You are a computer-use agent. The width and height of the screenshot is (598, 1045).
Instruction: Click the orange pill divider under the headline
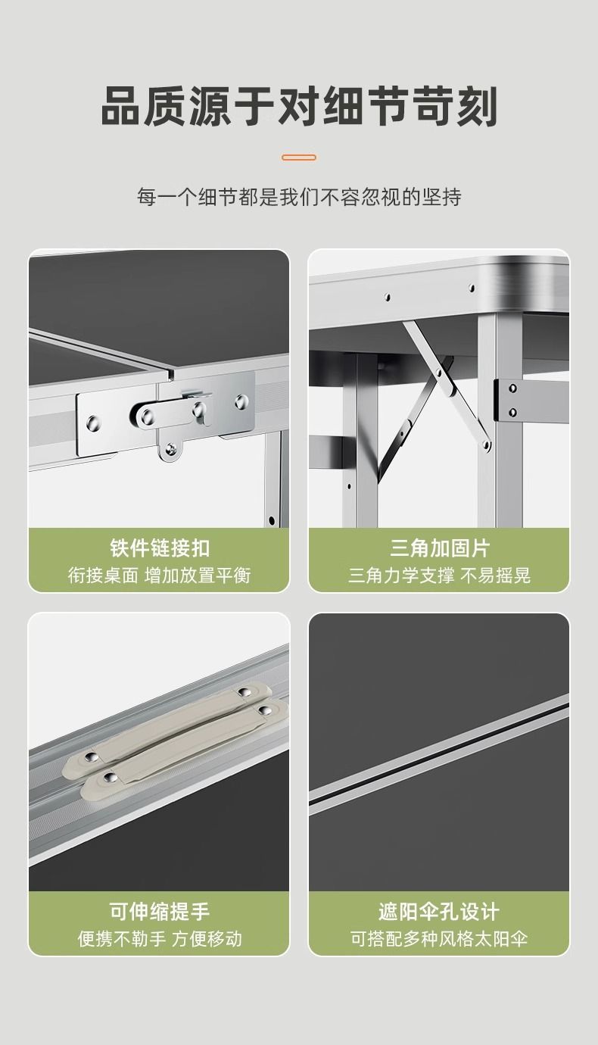299,158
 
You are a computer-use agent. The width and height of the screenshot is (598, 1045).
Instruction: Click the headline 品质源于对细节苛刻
299,106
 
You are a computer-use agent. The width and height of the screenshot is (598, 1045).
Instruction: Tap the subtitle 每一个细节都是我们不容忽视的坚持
299,197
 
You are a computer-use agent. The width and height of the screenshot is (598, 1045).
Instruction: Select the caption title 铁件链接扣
160,548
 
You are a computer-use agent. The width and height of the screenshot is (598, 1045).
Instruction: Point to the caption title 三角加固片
439,548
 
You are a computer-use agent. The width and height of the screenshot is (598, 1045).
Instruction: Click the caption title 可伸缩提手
160,911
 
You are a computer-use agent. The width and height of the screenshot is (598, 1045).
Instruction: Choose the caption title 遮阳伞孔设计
439,911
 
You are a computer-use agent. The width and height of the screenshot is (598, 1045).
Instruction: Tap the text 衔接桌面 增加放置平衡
160,576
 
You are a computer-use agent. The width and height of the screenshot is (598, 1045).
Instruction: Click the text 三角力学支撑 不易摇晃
439,576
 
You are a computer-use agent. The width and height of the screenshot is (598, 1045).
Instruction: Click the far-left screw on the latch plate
93,423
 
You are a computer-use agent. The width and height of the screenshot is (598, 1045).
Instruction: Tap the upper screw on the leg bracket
512,388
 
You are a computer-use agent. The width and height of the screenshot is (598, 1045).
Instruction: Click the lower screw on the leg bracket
512,413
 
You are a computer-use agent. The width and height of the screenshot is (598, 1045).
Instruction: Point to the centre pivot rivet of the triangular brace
439,373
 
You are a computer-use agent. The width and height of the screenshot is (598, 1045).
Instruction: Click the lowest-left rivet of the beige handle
110,777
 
